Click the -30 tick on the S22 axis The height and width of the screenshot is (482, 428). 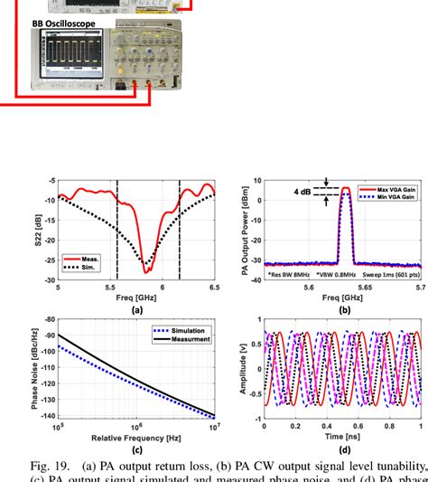point(50,280)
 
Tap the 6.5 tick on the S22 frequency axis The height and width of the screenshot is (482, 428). point(214,287)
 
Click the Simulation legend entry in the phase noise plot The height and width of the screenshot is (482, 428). point(189,332)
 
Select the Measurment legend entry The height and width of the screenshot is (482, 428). point(189,340)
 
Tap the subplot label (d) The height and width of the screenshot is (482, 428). point(343,446)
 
